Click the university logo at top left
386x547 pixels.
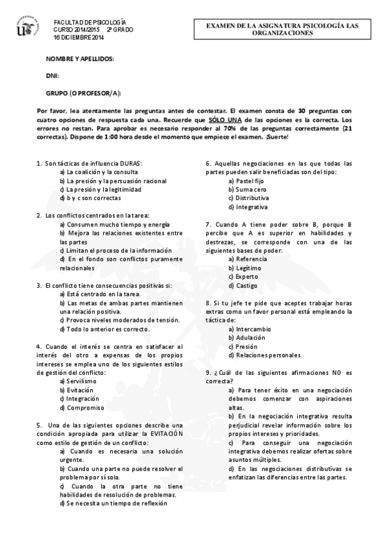coord(25,26)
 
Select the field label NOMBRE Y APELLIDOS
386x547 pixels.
coord(80,59)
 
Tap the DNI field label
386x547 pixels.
coord(52,75)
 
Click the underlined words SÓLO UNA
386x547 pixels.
coord(225,120)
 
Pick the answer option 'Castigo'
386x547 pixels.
coord(242,285)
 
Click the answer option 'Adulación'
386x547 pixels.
coord(245,337)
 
